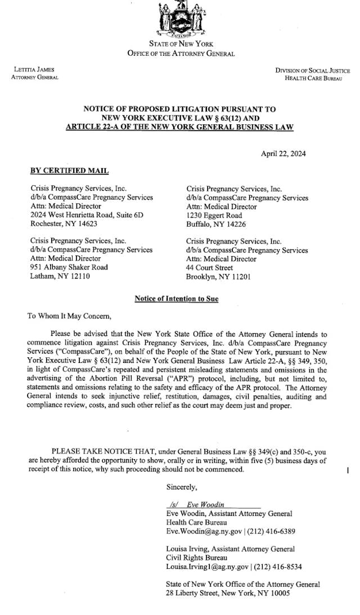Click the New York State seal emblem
click(181, 18)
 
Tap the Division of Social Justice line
click(312, 70)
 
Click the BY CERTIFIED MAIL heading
click(69, 171)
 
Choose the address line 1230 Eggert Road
click(214, 215)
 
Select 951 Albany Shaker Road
click(69, 267)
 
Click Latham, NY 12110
click(59, 276)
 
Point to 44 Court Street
click(209, 268)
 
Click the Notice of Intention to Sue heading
click(177, 299)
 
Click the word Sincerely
click(182, 487)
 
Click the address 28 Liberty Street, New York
click(217, 593)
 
